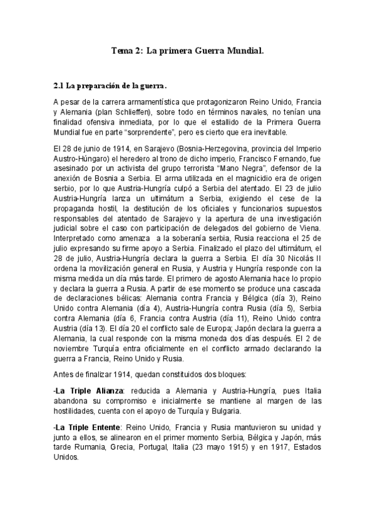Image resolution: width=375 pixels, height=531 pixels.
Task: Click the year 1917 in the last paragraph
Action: pos(271,447)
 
